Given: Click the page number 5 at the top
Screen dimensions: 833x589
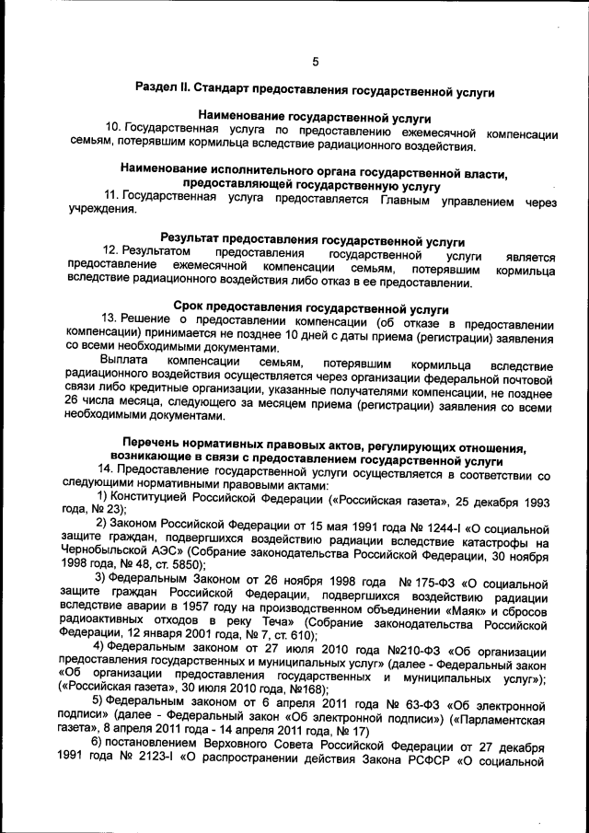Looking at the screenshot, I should click(x=315, y=62).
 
